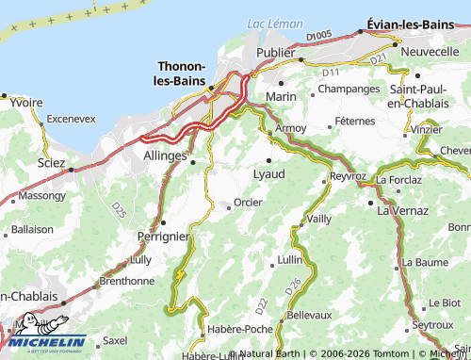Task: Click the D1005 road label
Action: pyautogui.click(x=319, y=36)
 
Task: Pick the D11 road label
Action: pyautogui.click(x=330, y=73)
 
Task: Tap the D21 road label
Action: pyautogui.click(x=379, y=58)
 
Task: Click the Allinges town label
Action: pyautogui.click(x=166, y=153)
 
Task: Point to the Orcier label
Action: pyautogui.click(x=248, y=203)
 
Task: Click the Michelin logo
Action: pyautogui.click(x=43, y=344)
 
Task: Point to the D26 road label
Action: pyautogui.click(x=294, y=282)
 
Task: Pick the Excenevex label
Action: pyautogui.click(x=71, y=120)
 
